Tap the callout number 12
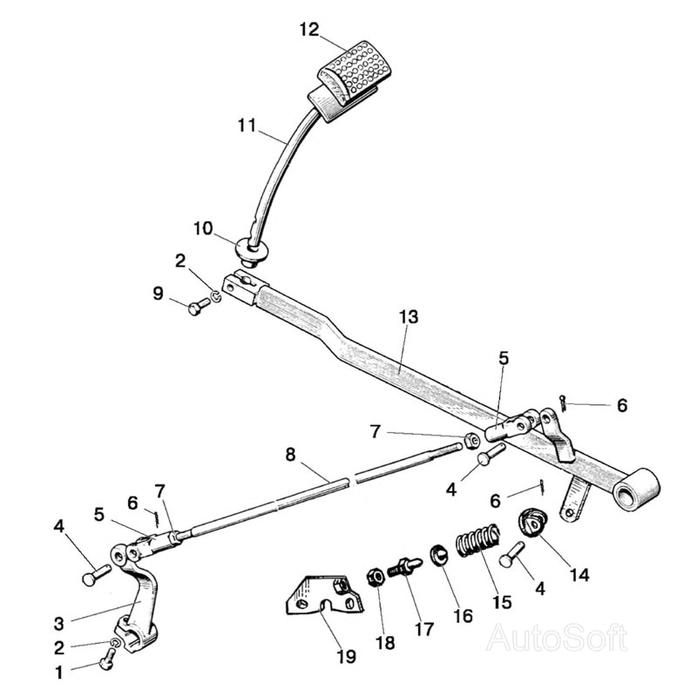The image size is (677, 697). tap(309, 30)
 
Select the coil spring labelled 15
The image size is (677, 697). tap(478, 539)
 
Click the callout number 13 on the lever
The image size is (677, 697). tap(409, 317)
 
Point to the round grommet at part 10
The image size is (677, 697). tap(252, 251)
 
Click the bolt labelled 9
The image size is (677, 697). tap(200, 306)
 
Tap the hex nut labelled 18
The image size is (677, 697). tap(376, 578)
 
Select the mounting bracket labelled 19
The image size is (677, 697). tap(325, 593)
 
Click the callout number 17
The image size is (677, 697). tap(423, 629)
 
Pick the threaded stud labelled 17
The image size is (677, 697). tap(403, 565)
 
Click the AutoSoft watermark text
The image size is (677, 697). tap(557, 638)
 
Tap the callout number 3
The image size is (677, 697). tap(59, 624)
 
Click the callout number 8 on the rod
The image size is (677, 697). tap(290, 455)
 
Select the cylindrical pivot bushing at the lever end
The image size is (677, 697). tap(637, 489)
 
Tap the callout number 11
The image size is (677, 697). tap(247, 125)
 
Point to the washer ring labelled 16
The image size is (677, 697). tap(438, 555)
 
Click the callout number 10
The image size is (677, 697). tap(203, 228)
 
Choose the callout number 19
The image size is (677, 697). tap(346, 656)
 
